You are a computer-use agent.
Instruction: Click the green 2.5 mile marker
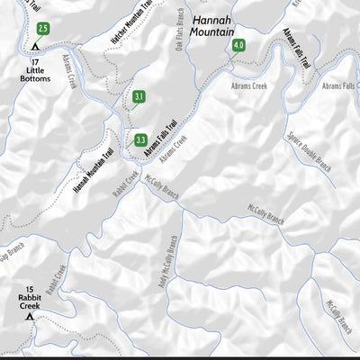pyautogui.click(x=43, y=29)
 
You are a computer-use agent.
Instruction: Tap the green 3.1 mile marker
pyautogui.click(x=139, y=97)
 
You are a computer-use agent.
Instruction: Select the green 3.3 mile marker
pyautogui.click(x=140, y=139)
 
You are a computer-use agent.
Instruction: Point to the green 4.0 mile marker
pyautogui.click(x=238, y=45)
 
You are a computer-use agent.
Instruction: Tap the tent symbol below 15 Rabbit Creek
pyautogui.click(x=29, y=317)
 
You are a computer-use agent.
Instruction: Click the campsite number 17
pyautogui.click(x=35, y=60)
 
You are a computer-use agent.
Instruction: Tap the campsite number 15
pyautogui.click(x=30, y=290)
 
